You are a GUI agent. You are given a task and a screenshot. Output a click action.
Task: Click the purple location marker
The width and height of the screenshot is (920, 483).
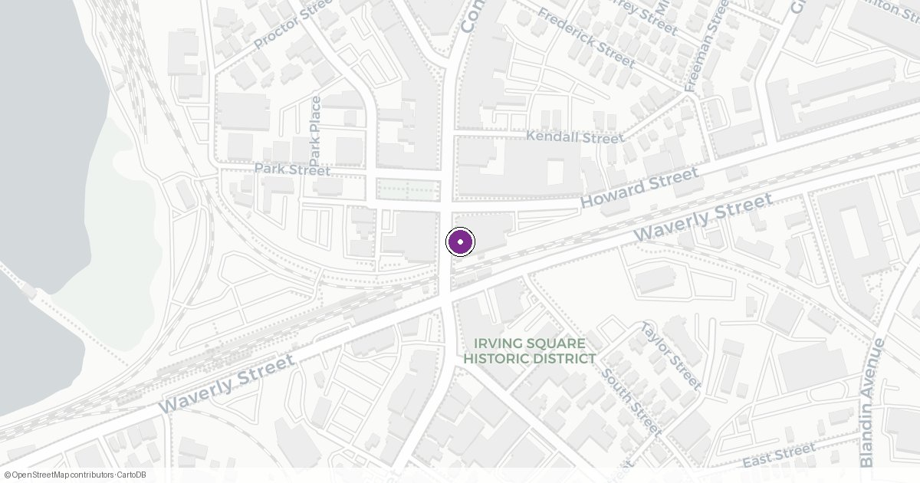pos(460,242)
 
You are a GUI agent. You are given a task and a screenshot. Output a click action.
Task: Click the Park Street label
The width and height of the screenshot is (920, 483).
pos(292,169)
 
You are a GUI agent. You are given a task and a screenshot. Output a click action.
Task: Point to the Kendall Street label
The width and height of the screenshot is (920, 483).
pos(574,138)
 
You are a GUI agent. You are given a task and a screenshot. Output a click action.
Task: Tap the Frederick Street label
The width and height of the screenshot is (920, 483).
pos(586,37)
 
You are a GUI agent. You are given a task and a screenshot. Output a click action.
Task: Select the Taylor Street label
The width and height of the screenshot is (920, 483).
pos(671,355)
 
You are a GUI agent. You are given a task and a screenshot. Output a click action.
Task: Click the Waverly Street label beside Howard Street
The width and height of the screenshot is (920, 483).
pos(703,217)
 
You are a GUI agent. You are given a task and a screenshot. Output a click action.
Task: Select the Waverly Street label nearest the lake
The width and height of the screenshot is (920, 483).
pos(228,383)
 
